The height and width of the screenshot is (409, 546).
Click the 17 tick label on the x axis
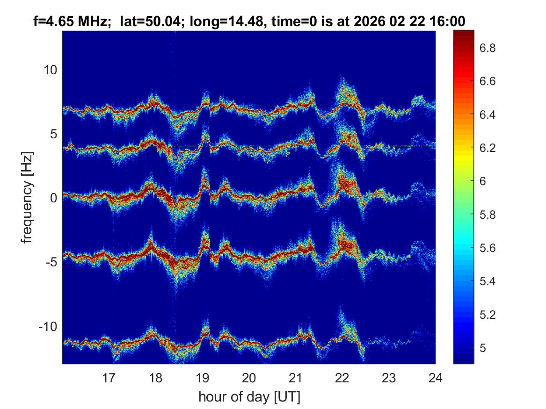(x=109, y=377)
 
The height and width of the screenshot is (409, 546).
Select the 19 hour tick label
(x=202, y=377)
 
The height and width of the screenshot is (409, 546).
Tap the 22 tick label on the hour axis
(x=342, y=377)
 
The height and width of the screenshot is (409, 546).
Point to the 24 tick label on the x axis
(x=435, y=377)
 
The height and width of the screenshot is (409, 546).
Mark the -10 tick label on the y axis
(x=47, y=326)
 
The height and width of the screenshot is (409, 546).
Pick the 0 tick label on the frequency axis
(x=54, y=198)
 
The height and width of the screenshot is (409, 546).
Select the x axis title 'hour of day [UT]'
(x=249, y=397)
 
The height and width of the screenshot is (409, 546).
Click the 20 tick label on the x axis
(x=249, y=377)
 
